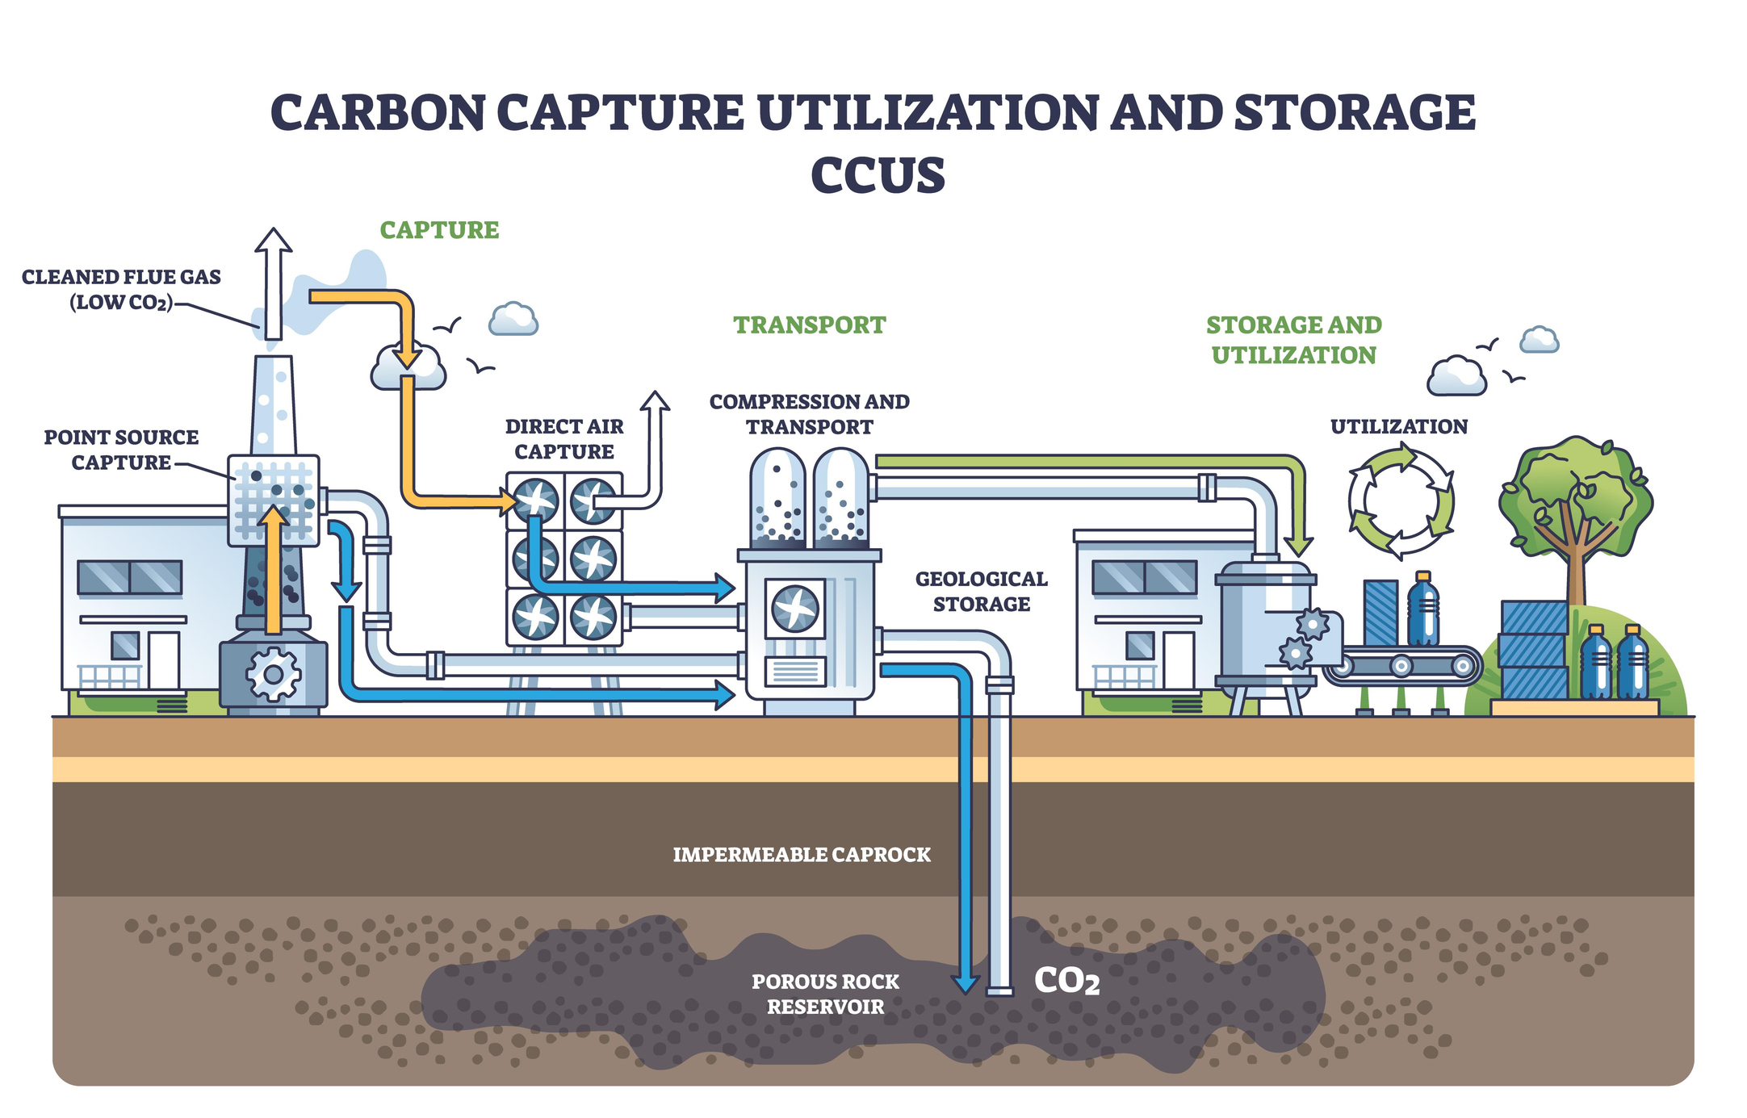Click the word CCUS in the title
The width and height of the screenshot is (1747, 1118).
878,175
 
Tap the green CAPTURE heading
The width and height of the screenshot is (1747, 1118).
439,230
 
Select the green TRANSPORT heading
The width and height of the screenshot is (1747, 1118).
809,325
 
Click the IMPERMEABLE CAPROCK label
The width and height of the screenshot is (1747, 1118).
802,854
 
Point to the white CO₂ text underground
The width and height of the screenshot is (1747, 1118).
1066,981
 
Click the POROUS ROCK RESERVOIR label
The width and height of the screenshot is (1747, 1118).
825,994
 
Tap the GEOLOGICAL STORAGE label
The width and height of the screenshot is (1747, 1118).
981,591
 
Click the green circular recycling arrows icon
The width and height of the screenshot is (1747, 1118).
1401,501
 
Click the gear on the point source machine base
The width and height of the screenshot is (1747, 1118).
273,674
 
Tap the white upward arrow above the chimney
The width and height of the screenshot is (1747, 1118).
274,283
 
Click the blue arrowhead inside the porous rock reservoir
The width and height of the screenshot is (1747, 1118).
965,983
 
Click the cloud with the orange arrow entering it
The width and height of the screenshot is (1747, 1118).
408,371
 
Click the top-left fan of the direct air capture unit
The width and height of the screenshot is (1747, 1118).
535,500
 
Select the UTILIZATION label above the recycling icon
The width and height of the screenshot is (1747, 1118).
1399,426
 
